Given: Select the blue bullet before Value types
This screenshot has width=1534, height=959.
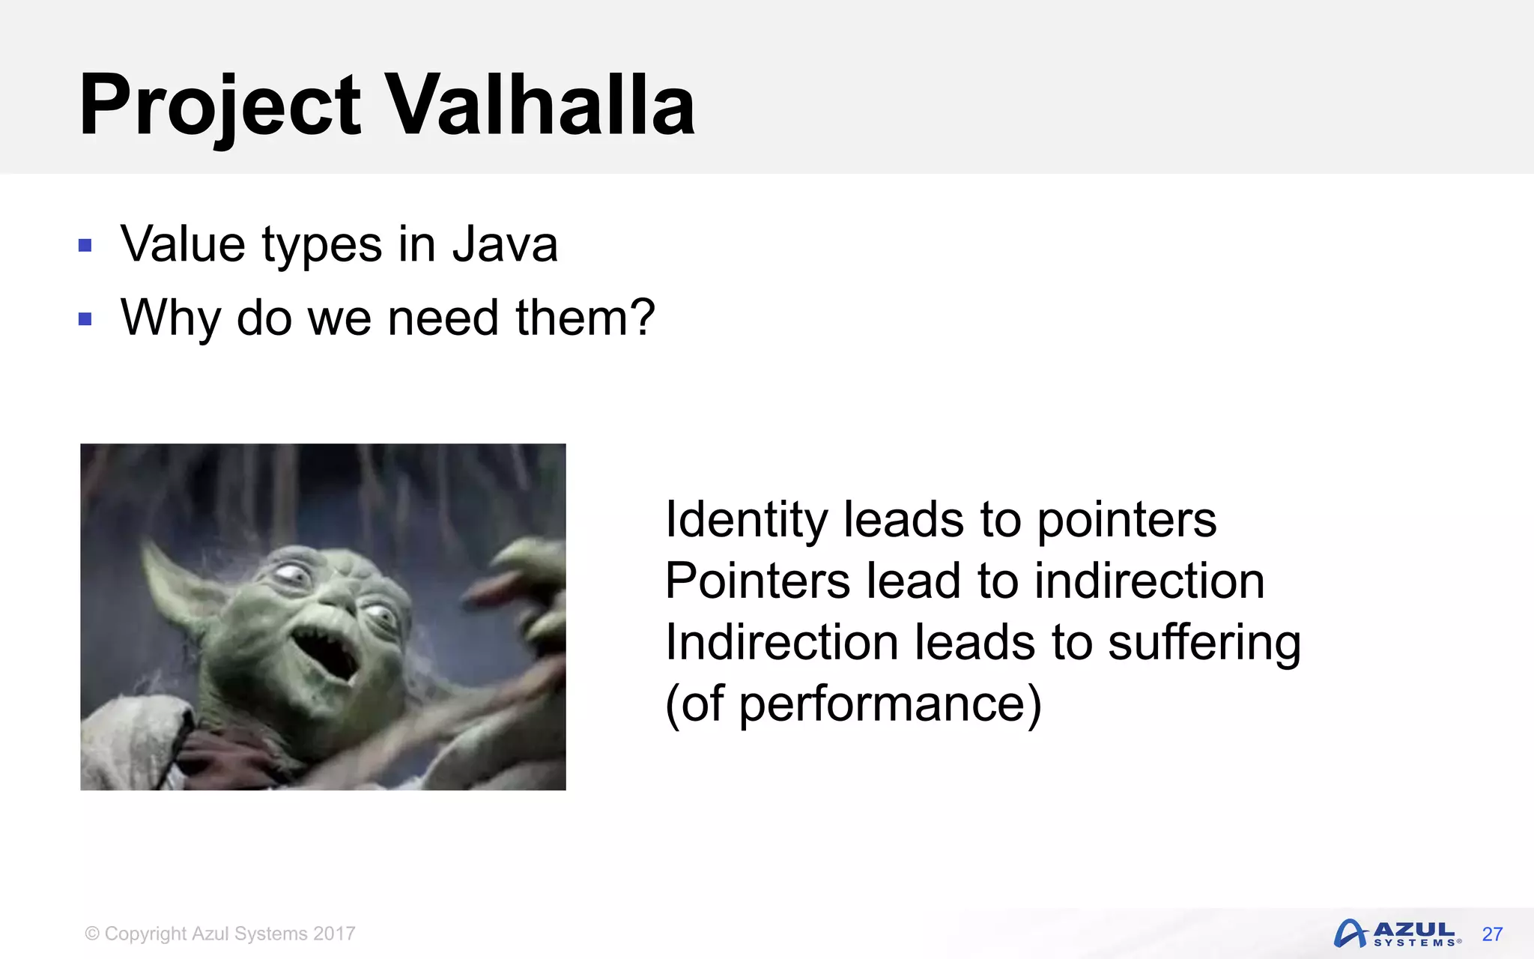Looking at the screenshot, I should coord(85,245).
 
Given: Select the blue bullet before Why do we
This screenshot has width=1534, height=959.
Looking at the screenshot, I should coord(85,319).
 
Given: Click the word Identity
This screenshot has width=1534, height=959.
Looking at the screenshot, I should coord(746,519).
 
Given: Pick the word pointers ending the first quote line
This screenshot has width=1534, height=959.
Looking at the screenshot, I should coord(1127,521).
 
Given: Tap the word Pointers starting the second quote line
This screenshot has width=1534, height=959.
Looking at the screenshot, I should coord(757,581).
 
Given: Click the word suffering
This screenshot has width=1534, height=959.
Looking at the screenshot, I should coord(1204,643).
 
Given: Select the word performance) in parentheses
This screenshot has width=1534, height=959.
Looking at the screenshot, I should coord(890,704).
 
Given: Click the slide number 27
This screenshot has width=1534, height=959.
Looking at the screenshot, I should coord(1492,934).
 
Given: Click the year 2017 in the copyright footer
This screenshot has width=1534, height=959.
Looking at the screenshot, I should coord(334,934).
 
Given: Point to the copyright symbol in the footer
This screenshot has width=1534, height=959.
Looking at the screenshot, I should coord(92,934).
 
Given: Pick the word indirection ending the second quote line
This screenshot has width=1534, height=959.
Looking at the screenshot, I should coord(1149,581).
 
